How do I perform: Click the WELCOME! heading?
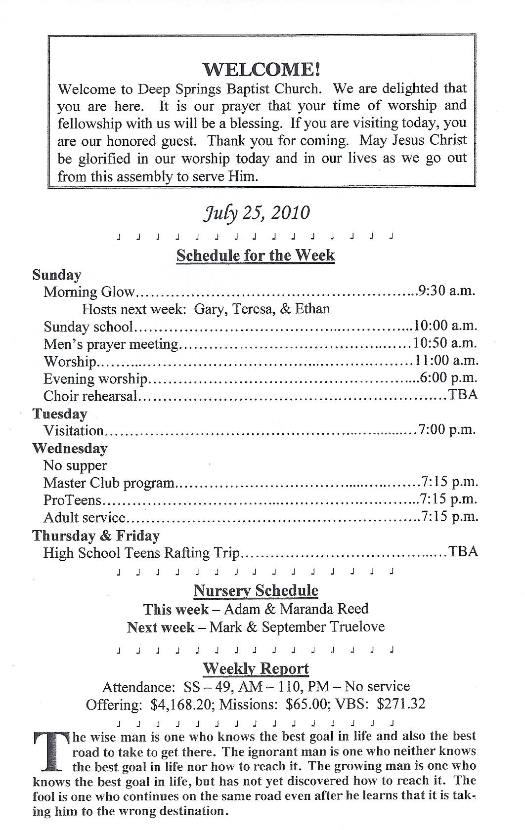click(262, 69)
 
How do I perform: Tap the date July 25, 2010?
click(257, 212)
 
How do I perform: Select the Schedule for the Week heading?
click(256, 255)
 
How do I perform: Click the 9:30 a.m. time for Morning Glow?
click(446, 290)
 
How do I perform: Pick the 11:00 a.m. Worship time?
click(445, 361)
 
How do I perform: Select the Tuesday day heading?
click(60, 414)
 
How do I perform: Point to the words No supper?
click(75, 465)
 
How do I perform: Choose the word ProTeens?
click(72, 500)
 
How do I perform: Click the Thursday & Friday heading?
click(96, 536)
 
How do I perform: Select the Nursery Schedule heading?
click(256, 590)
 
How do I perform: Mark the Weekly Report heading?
click(256, 668)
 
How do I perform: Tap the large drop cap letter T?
click(50, 752)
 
